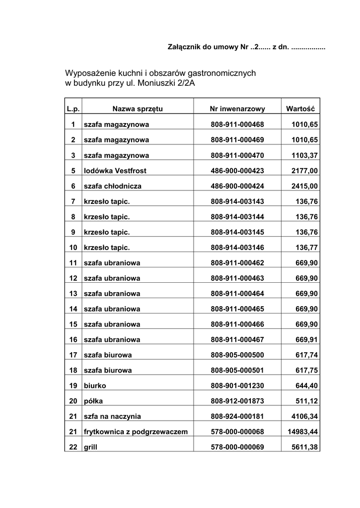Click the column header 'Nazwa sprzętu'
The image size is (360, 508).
point(138,109)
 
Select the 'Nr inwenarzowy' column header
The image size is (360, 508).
point(237,109)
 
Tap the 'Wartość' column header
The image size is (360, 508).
point(300,109)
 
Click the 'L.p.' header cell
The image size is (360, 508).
point(73,109)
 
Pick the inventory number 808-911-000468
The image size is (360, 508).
point(237,124)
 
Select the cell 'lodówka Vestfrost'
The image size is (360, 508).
point(115,171)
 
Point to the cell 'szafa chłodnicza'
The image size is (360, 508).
point(113,186)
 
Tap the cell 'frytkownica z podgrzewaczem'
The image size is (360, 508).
point(136,432)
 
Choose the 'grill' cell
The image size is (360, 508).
point(91,447)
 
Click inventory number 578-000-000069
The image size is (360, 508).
point(237,447)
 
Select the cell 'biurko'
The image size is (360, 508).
point(95,385)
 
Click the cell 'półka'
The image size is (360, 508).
point(93,401)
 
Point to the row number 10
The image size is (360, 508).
point(73,247)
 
